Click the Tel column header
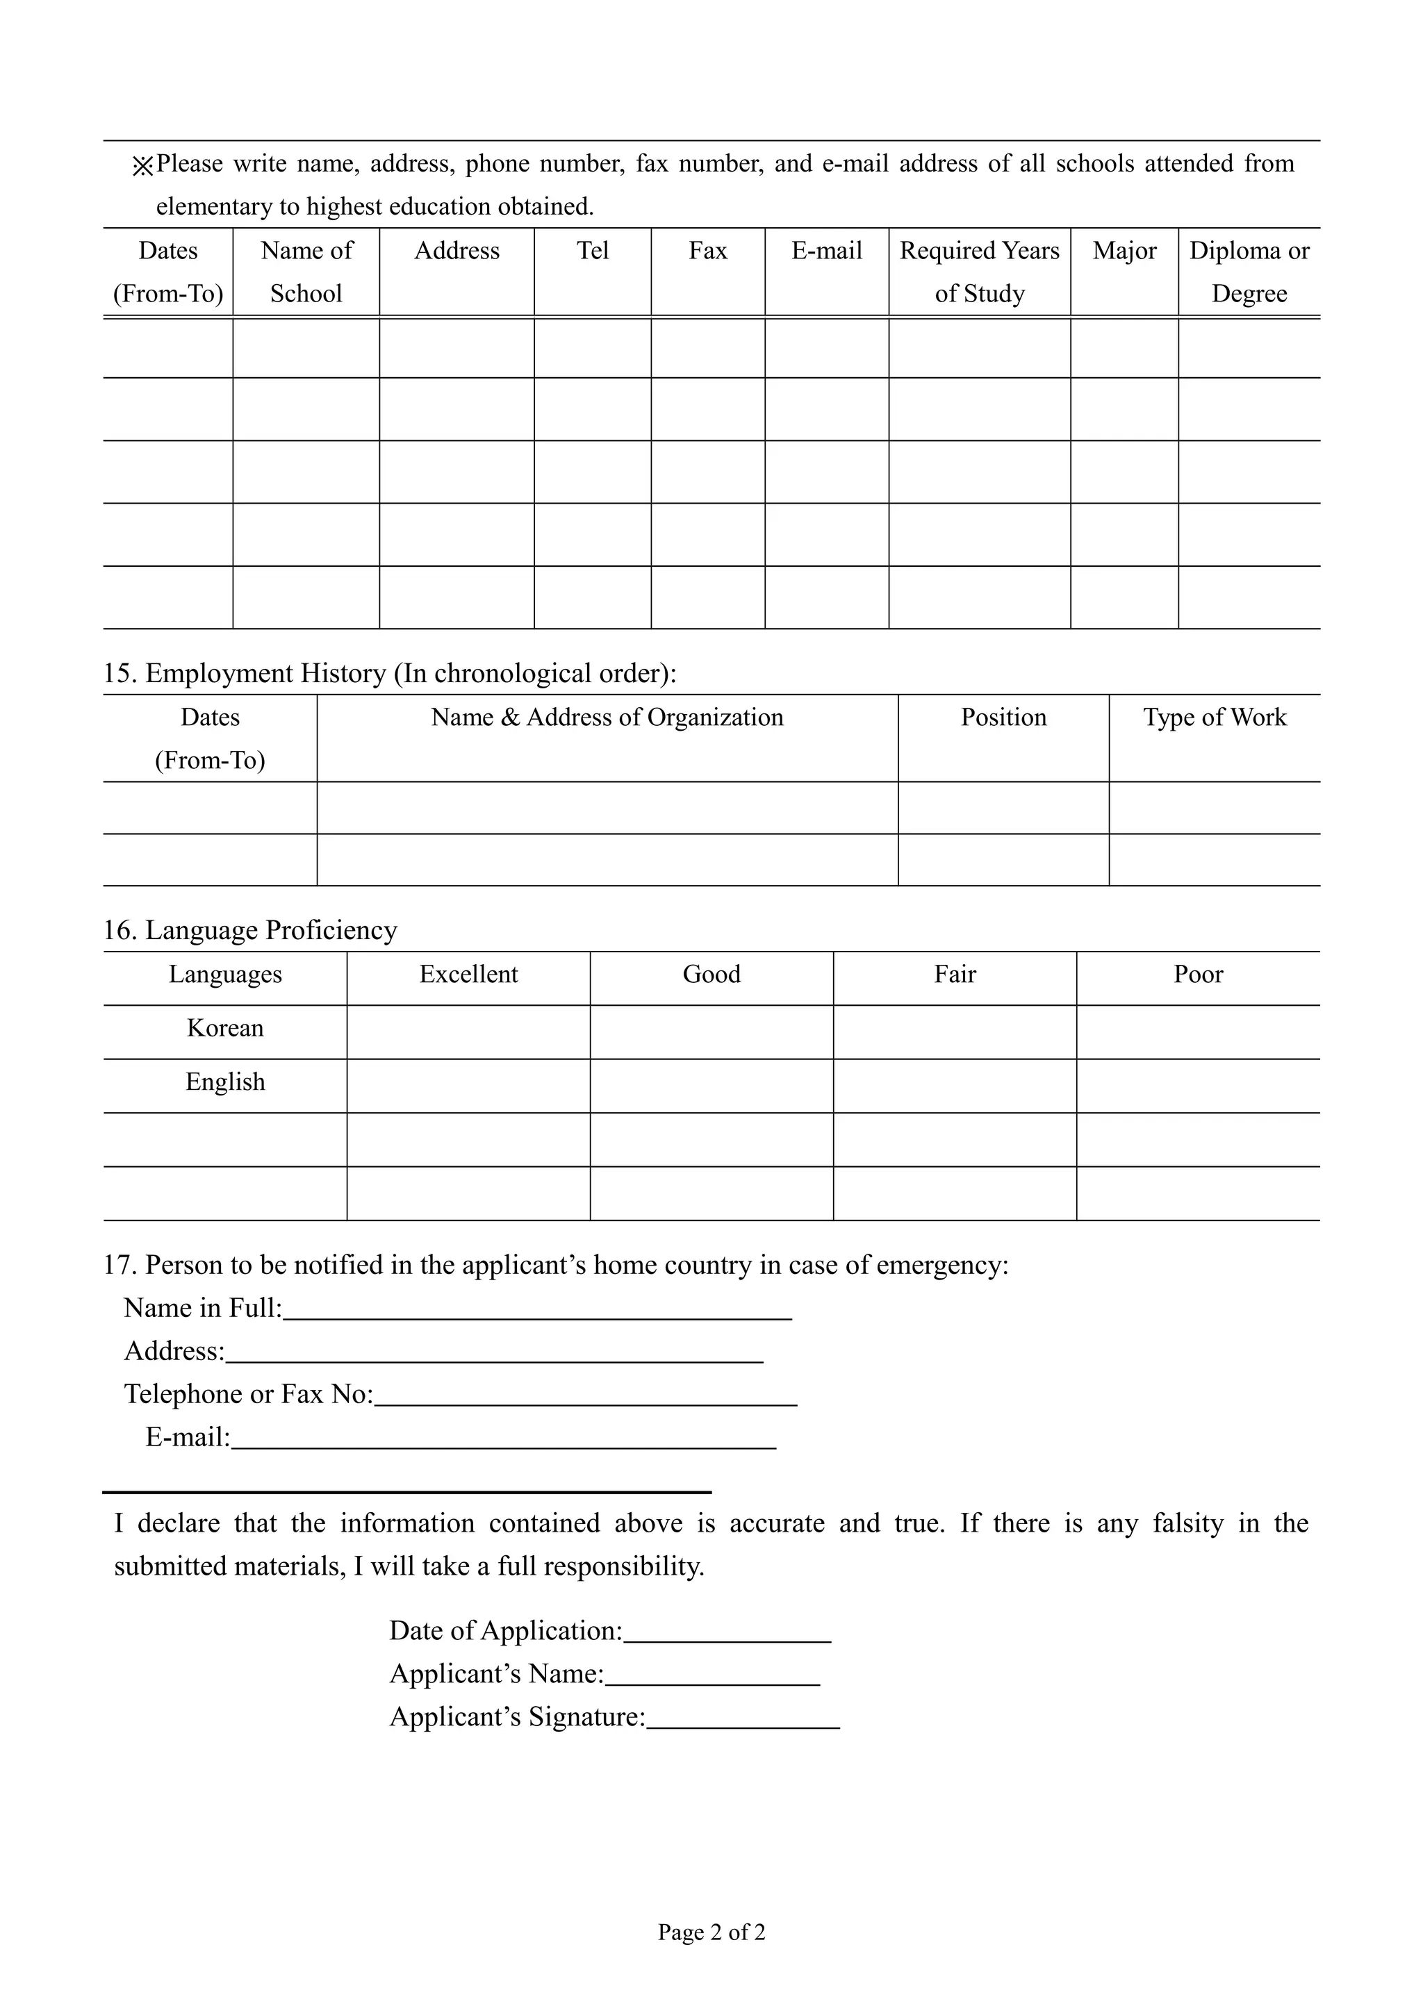point(593,251)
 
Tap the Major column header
point(1124,251)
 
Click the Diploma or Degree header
point(1249,272)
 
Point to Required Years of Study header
point(979,272)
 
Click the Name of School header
point(306,272)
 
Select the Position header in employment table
point(1003,717)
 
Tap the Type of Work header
point(1215,717)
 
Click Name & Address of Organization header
point(607,717)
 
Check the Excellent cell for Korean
point(468,1032)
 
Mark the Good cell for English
point(711,1086)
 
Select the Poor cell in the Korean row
point(1198,1032)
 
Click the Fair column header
point(954,974)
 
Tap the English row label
point(225,1082)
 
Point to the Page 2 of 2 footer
point(711,1932)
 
